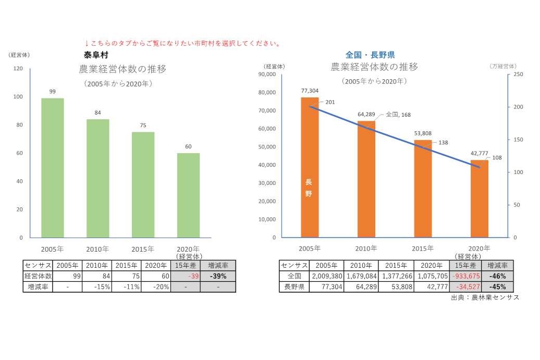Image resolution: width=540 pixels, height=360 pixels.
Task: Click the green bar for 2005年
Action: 53,168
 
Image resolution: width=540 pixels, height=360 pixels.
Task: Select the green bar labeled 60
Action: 188,195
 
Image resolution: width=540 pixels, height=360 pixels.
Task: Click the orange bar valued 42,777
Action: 479,198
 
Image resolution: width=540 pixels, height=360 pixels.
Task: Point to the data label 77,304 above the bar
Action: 310,90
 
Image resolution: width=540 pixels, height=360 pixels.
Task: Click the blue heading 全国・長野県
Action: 370,54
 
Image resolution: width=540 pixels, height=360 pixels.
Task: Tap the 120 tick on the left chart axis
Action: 18,69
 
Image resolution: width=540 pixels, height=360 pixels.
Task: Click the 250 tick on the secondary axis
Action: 518,75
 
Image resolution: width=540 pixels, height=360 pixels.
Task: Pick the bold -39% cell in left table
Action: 217,276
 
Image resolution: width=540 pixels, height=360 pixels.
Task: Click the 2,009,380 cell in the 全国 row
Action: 326,276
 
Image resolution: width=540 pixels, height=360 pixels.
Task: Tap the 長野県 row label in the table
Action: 294,287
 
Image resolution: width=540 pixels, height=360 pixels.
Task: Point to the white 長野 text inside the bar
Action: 309,188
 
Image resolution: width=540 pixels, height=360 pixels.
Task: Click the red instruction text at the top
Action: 182,43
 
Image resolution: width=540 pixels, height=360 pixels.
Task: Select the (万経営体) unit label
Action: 503,66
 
